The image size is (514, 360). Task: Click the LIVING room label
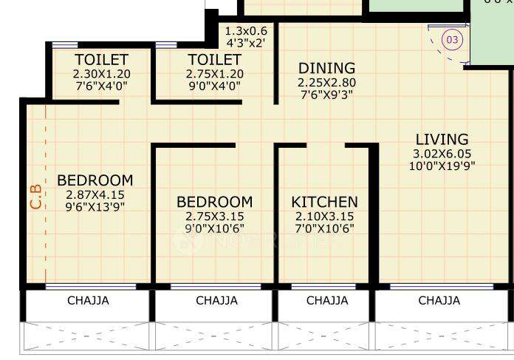pos(442,139)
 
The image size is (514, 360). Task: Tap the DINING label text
pos(326,69)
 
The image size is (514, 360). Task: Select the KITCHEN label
pos(324,202)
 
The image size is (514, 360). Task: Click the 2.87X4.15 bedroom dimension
pos(95,194)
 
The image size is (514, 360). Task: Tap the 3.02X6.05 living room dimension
pos(442,154)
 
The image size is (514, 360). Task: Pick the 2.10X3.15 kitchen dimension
pos(324,216)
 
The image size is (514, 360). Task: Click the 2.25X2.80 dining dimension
pos(326,82)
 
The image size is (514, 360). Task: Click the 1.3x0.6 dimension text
pos(246,31)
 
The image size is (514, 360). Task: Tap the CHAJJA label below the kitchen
pos(327,300)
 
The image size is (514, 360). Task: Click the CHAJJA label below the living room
pos(439,300)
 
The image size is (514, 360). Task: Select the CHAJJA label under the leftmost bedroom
pos(88,300)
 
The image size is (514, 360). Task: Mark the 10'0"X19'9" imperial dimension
pos(442,166)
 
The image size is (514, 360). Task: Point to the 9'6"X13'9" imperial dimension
pos(95,206)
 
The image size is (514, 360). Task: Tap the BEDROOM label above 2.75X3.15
pos(214,202)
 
